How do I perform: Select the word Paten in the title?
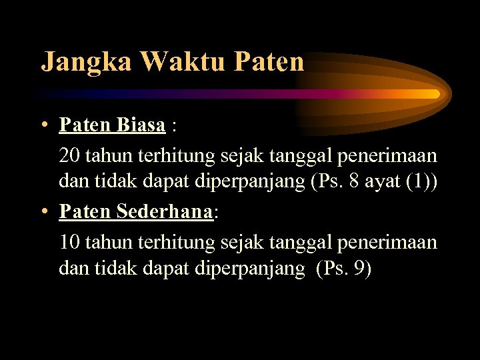tap(269, 62)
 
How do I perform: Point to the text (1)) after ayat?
tap(421, 183)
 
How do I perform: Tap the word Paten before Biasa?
tap(86, 125)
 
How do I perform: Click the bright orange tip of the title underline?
tap(435, 94)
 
